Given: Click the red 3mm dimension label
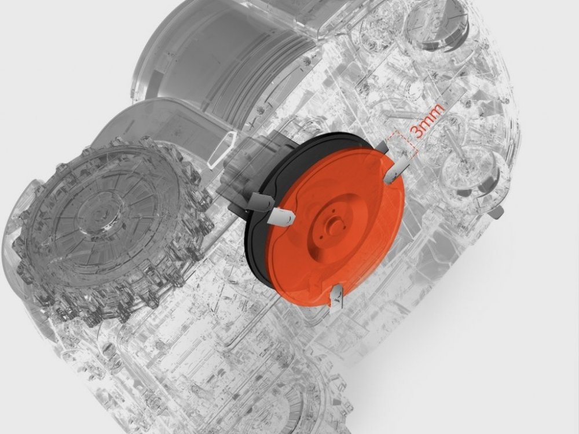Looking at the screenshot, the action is point(427,121).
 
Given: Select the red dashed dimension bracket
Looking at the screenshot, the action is point(402,144).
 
